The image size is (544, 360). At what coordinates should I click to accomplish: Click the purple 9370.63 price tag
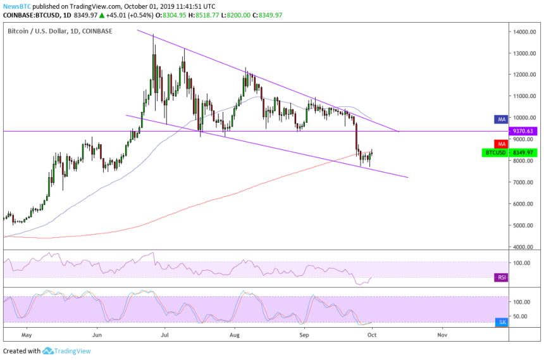click(x=522, y=131)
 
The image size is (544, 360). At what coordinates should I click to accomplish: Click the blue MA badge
click(x=500, y=118)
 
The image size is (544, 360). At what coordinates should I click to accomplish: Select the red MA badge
click(x=500, y=144)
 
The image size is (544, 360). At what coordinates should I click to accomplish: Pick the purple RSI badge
click(x=500, y=277)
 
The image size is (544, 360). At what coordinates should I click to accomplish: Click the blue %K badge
click(x=500, y=322)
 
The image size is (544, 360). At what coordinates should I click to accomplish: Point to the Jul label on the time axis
click(x=165, y=332)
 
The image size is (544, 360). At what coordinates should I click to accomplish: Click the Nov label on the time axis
click(x=442, y=332)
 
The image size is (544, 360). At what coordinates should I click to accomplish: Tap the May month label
click(x=26, y=332)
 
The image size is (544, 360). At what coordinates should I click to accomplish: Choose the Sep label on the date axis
click(x=304, y=332)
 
